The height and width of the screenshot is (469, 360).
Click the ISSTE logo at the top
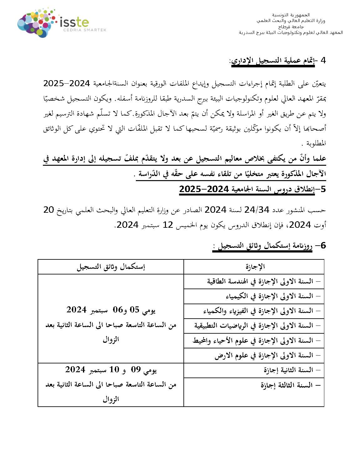[x=53, y=23]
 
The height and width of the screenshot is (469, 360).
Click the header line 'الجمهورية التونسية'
[x=291, y=15]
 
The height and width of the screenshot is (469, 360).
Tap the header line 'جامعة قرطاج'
[x=291, y=27]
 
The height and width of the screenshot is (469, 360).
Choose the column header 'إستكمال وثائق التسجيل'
[x=111, y=267]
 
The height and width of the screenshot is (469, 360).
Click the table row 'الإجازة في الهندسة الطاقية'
[x=260, y=281]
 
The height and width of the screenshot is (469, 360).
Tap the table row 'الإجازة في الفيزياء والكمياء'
[x=258, y=311]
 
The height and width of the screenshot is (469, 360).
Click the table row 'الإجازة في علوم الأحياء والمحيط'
[x=253, y=341]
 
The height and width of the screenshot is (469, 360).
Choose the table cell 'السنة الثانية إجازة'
[x=288, y=370]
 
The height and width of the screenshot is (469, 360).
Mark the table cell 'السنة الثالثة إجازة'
[x=287, y=385]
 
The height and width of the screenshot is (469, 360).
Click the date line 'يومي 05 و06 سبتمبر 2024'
[x=111, y=310]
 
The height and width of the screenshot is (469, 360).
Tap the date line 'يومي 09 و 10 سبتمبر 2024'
[x=111, y=370]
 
